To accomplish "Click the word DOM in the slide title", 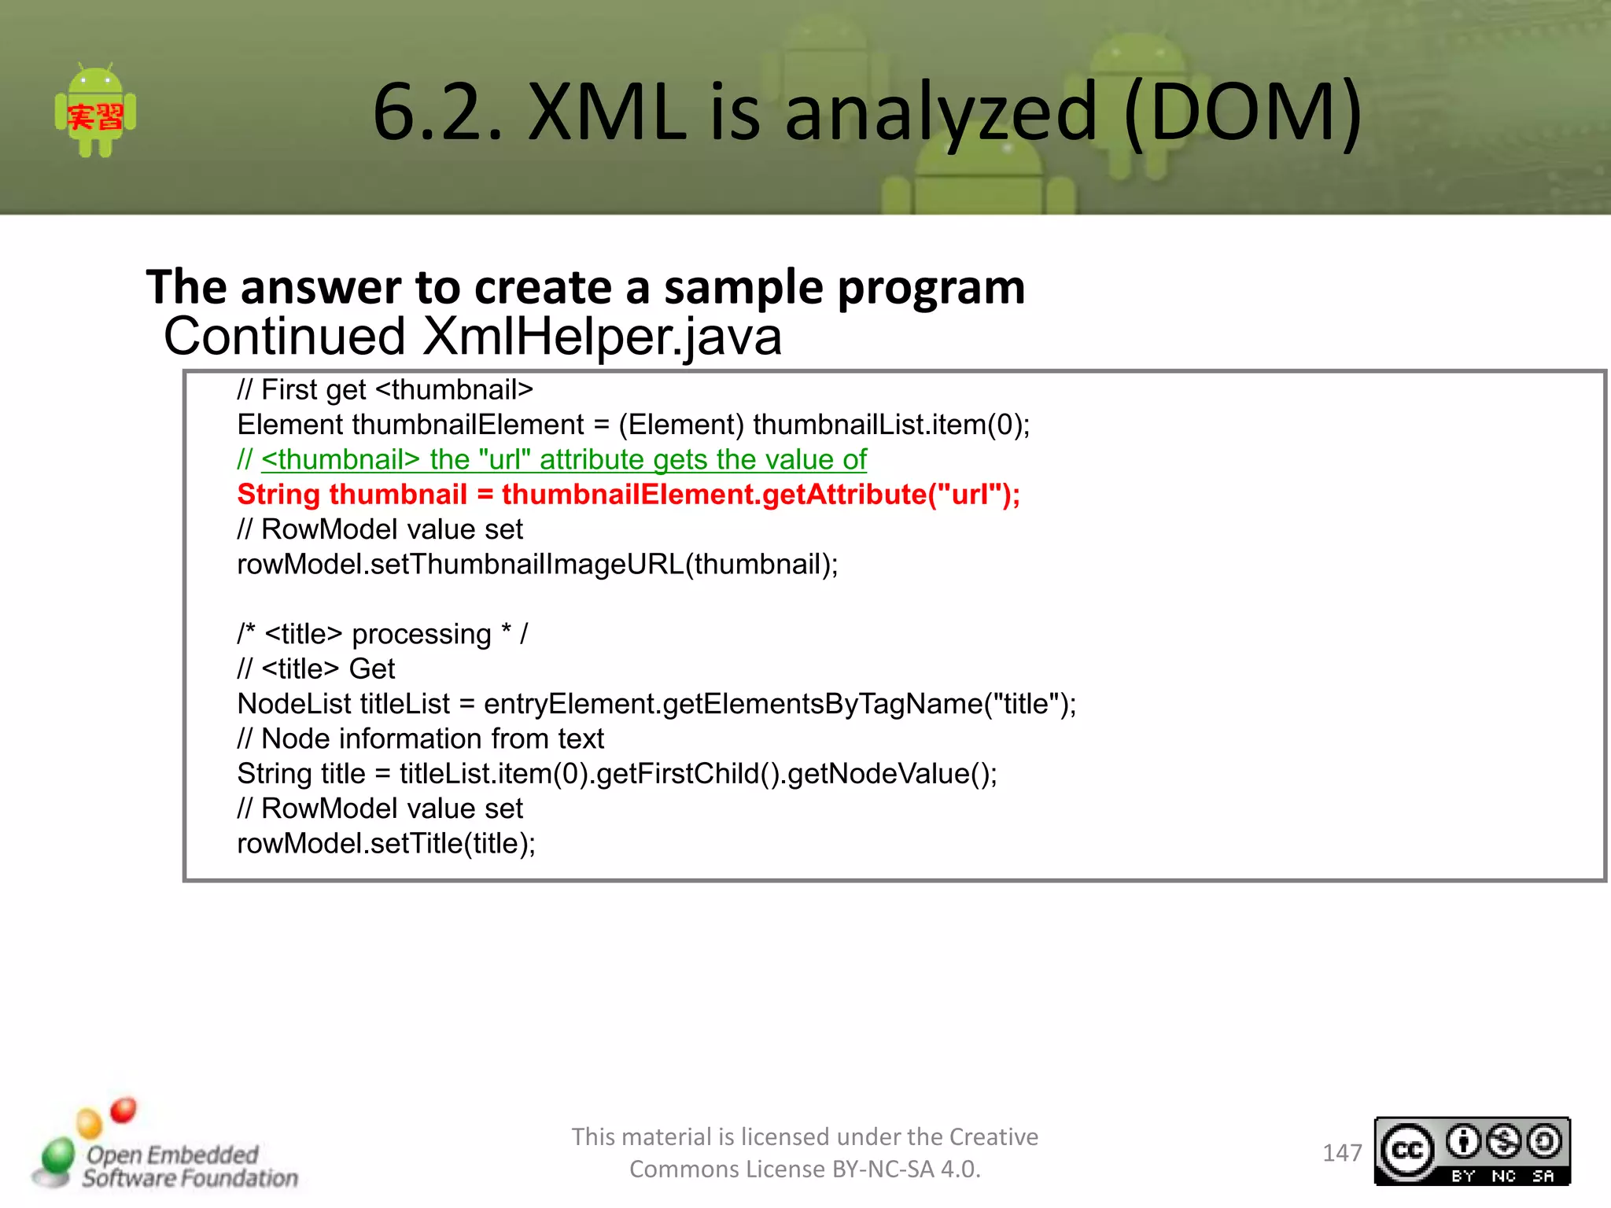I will pos(1243,112).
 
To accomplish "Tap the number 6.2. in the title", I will pos(437,112).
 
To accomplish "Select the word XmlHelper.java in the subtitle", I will pos(602,337).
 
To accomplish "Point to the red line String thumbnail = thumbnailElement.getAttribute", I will pos(628,495).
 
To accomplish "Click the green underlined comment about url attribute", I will pos(563,459).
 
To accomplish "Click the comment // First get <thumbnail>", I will pos(385,389).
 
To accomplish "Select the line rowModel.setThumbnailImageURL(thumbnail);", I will pos(537,565).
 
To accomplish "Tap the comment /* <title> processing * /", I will pos(382,634).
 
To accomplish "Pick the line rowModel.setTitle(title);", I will pos(385,844).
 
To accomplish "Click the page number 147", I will pos(1341,1153).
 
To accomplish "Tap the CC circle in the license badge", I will pos(1407,1151).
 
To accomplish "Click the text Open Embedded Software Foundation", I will pos(189,1166).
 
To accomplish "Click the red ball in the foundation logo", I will pos(123,1110).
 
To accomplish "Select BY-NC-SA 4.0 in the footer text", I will pos(905,1169).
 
